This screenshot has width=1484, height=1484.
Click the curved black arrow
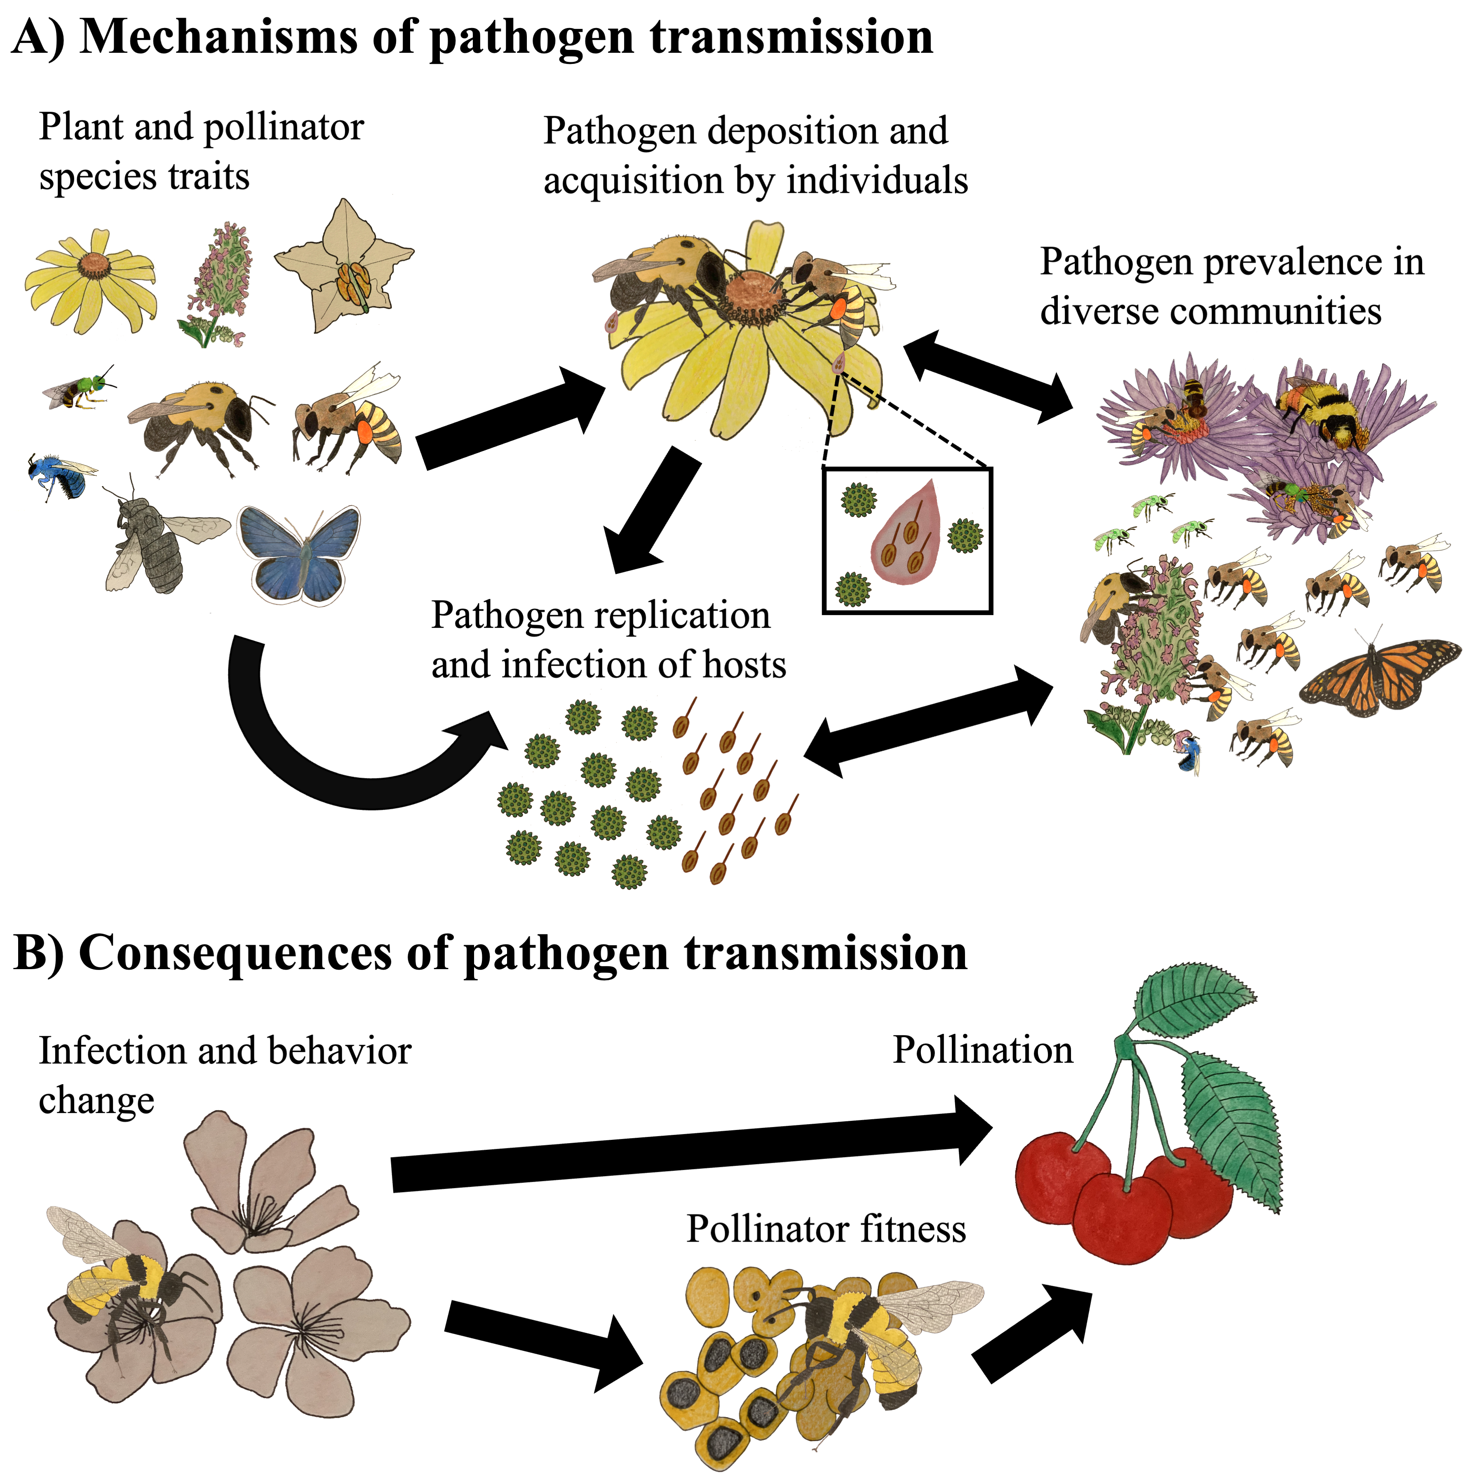[x=323, y=756]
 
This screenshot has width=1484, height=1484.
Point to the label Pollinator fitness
[x=826, y=1228]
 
